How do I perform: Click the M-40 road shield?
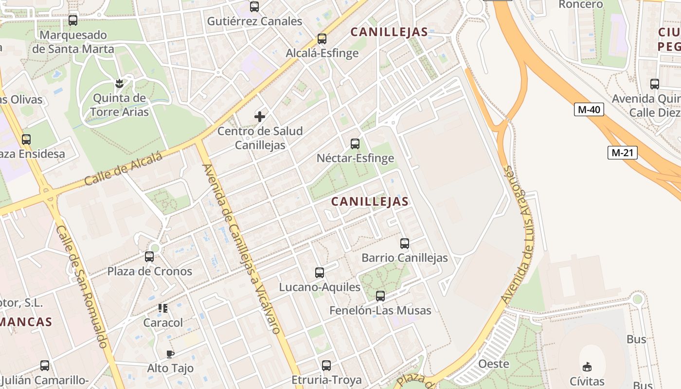(x=589, y=109)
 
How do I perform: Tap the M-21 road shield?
(x=622, y=153)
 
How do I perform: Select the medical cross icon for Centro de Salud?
(x=260, y=117)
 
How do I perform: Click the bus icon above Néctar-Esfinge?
(x=355, y=144)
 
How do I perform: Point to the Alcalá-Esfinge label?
(x=322, y=53)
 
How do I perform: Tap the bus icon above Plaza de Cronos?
(x=149, y=257)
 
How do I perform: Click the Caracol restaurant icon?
(x=163, y=308)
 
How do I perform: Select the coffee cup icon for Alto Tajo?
(x=170, y=354)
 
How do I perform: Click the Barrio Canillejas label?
(x=404, y=258)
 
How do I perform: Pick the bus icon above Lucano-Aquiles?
(x=320, y=273)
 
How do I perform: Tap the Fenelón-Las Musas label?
(x=380, y=310)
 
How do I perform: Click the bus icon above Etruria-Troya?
(x=326, y=366)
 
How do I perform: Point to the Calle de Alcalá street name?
(x=123, y=170)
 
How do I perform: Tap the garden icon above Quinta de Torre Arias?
(x=119, y=84)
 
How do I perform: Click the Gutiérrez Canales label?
(x=254, y=21)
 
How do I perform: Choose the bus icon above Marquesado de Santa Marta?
(x=73, y=20)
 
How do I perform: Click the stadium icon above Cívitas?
(x=587, y=367)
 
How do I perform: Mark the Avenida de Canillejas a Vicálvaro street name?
(x=241, y=249)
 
